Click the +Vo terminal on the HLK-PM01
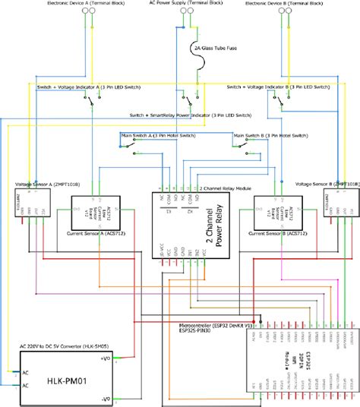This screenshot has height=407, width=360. pyautogui.click(x=106, y=357)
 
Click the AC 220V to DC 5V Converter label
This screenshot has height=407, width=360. pyautogui.click(x=59, y=343)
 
